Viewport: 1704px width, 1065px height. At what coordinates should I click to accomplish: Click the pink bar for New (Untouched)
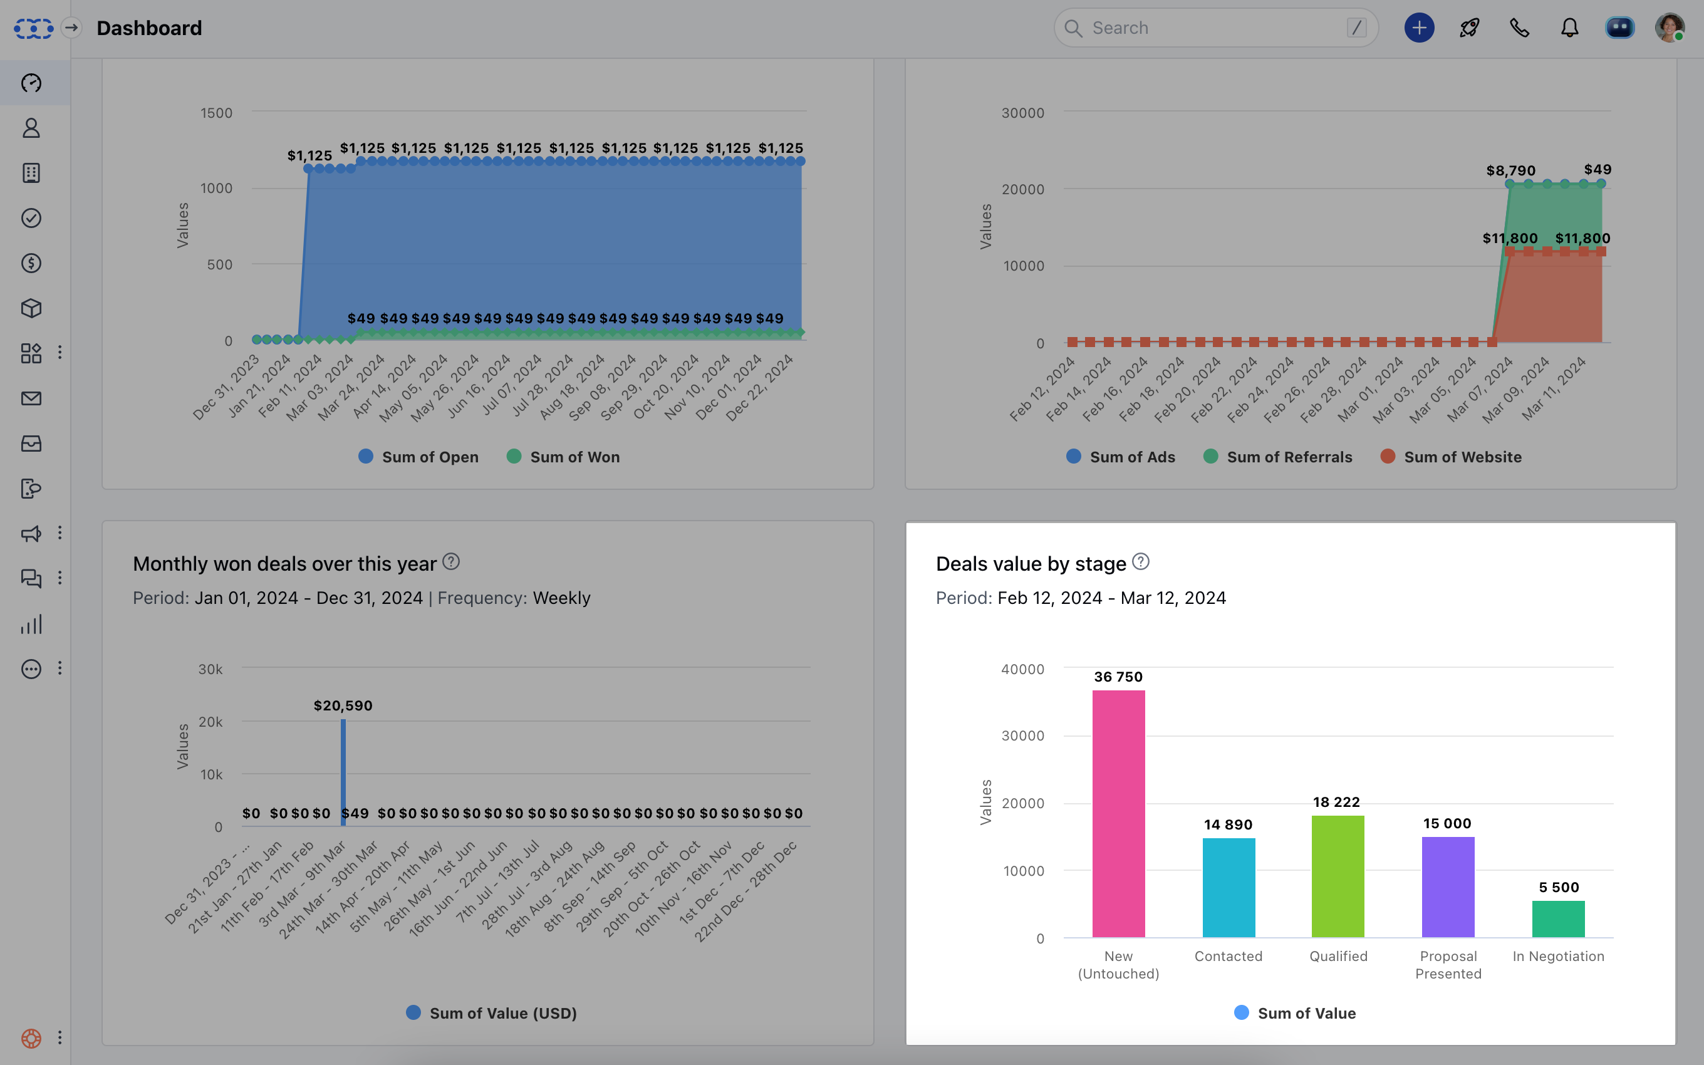1118,814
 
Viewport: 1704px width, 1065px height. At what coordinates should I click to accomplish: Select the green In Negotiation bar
1557,918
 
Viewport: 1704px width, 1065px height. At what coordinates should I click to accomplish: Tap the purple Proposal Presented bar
1448,887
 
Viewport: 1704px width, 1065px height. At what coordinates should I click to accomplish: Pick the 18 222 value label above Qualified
1336,803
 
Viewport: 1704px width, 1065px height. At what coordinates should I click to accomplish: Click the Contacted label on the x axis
1228,956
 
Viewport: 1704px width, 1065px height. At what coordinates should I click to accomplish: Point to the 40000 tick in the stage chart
1022,669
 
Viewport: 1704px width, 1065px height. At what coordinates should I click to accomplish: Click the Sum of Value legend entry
1296,1013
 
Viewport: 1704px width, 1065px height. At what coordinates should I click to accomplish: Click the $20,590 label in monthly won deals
343,706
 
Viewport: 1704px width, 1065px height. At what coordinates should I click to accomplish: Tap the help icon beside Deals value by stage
1141,562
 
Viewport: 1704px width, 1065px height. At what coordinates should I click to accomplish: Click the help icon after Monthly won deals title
451,562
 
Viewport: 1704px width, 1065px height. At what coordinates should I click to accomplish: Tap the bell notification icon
1569,28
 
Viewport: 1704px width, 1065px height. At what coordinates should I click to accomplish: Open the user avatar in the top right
1670,28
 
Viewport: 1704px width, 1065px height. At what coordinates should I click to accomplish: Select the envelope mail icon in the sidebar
31,398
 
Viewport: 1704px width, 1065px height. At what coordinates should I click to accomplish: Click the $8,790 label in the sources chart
1510,171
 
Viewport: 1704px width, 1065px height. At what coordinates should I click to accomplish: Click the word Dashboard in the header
149,28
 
